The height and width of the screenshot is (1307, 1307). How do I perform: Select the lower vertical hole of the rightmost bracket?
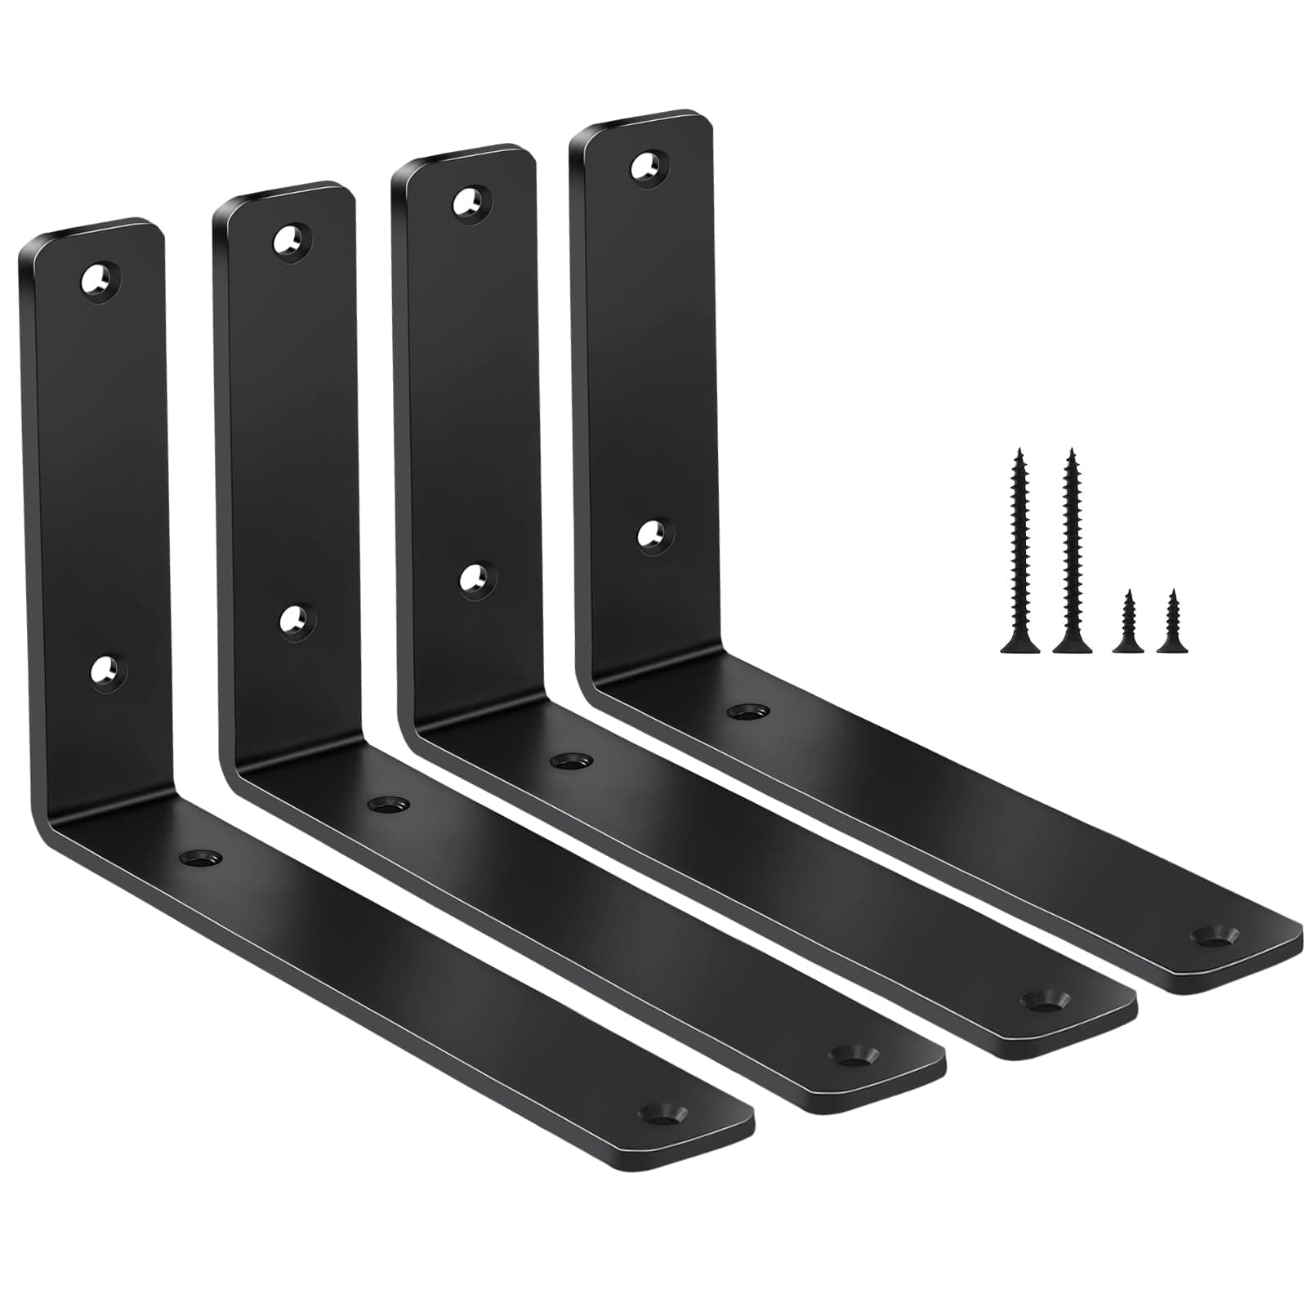click(654, 535)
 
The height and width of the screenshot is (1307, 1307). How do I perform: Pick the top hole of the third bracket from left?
click(472, 203)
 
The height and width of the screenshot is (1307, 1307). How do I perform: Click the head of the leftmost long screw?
click(1019, 646)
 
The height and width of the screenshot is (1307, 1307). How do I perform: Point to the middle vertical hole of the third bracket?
click(476, 579)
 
